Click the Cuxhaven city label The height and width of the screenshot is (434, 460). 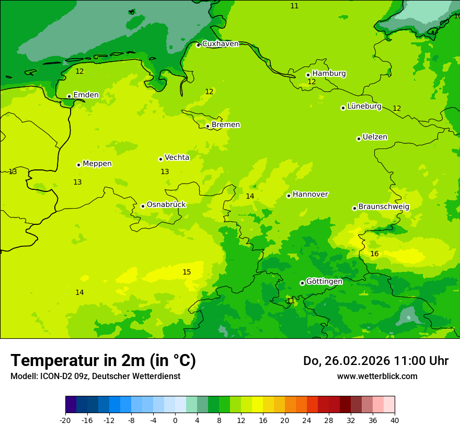(220, 44)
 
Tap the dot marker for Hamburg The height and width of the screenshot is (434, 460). (308, 75)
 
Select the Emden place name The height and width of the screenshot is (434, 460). (86, 95)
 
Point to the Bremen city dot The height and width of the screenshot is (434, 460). (208, 126)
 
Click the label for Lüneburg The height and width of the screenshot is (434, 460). (364, 107)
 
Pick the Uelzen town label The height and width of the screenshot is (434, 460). (375, 138)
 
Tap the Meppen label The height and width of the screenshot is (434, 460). (97, 164)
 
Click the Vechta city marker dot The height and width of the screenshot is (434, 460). (160, 159)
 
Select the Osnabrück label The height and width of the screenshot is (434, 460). (166, 205)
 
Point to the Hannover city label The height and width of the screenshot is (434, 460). (310, 195)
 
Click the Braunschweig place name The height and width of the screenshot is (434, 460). (384, 207)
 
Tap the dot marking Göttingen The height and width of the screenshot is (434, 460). (302, 283)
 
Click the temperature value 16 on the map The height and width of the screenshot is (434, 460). (374, 254)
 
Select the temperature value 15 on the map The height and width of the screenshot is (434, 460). (187, 272)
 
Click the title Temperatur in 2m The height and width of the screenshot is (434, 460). (103, 361)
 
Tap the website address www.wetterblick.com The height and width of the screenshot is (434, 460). (377, 376)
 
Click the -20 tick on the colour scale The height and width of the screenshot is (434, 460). (65, 420)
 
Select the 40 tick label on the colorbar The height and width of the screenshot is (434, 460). (395, 420)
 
